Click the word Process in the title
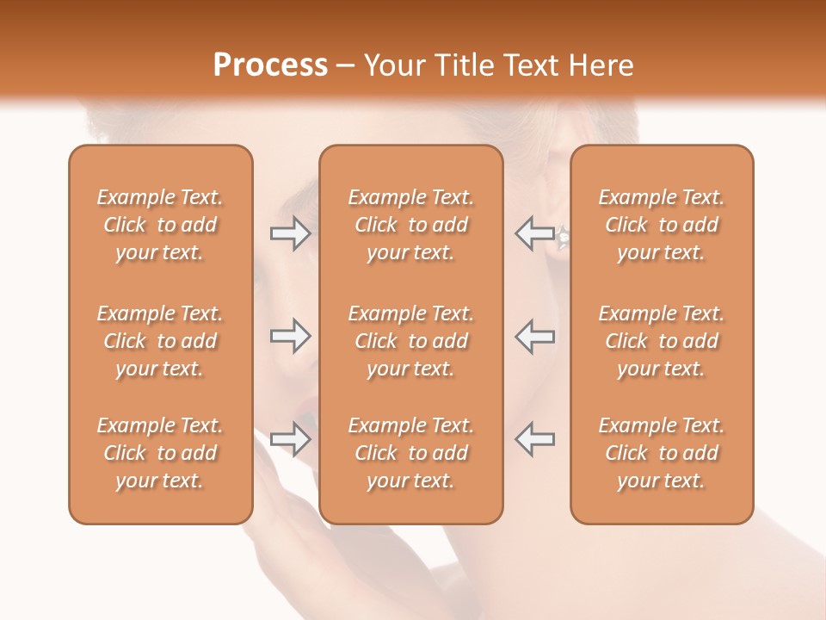click(x=270, y=65)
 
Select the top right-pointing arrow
click(x=290, y=233)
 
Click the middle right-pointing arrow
click(x=290, y=336)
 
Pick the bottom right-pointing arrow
click(x=290, y=439)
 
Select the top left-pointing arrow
click(x=534, y=233)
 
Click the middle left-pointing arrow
click(x=534, y=336)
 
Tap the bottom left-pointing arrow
click(x=534, y=439)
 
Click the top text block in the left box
click(x=160, y=225)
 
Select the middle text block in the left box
click(x=160, y=341)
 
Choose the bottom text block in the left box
click(x=160, y=453)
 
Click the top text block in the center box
click(x=410, y=225)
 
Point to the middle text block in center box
click(x=410, y=341)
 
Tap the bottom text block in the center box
click(x=410, y=453)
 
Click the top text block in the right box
click(x=661, y=225)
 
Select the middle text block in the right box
click(x=661, y=341)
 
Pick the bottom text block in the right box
click(x=661, y=453)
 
